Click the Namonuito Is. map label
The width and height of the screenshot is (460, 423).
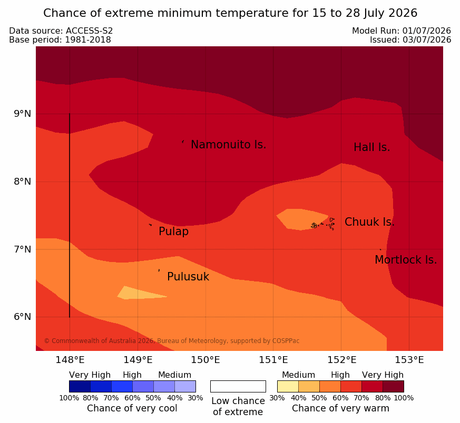point(229,144)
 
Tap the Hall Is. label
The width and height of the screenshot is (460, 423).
point(371,147)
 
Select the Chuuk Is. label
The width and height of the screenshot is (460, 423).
point(369,221)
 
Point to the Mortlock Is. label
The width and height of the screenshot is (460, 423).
point(406,259)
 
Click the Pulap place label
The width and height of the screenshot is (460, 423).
point(174,231)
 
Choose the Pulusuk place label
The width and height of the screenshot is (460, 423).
point(188,277)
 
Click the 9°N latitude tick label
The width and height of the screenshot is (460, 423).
point(23,114)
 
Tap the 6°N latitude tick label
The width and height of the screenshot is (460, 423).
point(23,317)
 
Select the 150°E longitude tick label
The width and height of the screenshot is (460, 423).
point(205,360)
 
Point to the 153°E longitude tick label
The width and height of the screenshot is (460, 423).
point(409,360)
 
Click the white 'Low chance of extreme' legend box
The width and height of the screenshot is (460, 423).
point(238,386)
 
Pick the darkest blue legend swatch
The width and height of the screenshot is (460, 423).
point(80,386)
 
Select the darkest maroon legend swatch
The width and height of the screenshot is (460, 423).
point(393,386)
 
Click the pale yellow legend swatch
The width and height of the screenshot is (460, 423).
point(288,386)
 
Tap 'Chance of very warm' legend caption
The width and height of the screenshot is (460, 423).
point(340,408)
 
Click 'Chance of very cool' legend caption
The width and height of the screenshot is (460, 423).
point(132,408)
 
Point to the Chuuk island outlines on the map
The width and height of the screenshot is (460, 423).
point(323,224)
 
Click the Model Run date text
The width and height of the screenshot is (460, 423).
point(402,31)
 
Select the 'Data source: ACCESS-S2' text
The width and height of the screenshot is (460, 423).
point(61,31)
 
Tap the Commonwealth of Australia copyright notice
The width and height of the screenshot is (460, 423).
point(172,341)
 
